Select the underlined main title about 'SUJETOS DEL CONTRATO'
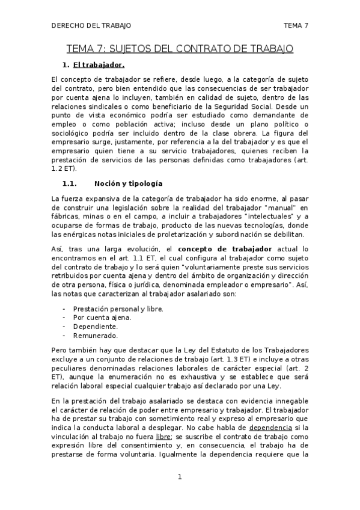tap(180, 48)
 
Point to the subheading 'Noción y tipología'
tap(129, 183)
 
